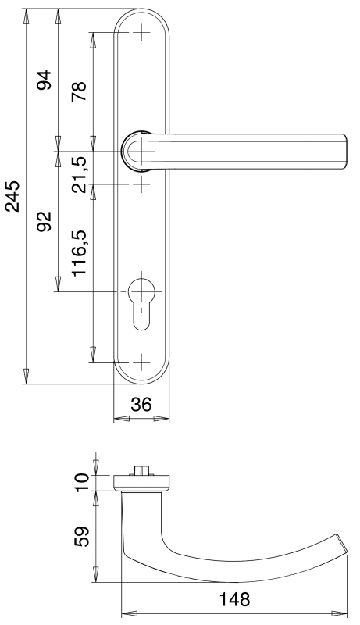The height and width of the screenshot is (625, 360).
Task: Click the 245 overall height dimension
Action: pyautogui.click(x=12, y=196)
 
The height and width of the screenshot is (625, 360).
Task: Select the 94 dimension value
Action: pyautogui.click(x=45, y=80)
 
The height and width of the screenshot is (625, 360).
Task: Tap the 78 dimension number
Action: pyautogui.click(x=79, y=91)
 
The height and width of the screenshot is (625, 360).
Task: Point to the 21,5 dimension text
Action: pyautogui.click(x=79, y=174)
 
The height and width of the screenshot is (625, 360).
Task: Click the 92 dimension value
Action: pyautogui.click(x=45, y=221)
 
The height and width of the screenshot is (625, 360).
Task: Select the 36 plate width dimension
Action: pyautogui.click(x=142, y=404)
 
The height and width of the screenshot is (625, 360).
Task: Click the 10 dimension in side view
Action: pyautogui.click(x=82, y=483)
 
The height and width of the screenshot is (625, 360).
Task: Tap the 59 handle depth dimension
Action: pyautogui.click(x=82, y=537)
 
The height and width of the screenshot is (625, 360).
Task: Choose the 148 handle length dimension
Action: pyautogui.click(x=235, y=599)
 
